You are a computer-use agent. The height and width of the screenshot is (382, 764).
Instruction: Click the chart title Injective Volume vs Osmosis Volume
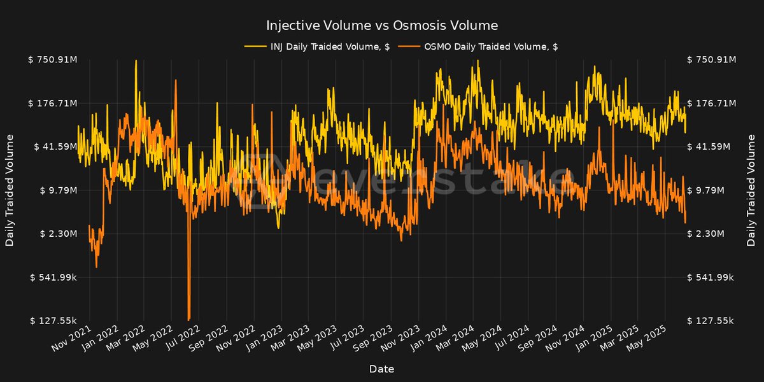[381, 25]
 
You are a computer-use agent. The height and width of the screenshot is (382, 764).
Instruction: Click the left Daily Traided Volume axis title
[10, 190]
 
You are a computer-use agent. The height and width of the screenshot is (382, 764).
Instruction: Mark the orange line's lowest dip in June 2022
[189, 318]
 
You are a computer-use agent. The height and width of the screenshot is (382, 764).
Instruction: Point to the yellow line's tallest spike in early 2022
[136, 61]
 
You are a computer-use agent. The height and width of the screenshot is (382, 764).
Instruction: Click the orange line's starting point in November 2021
[89, 226]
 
